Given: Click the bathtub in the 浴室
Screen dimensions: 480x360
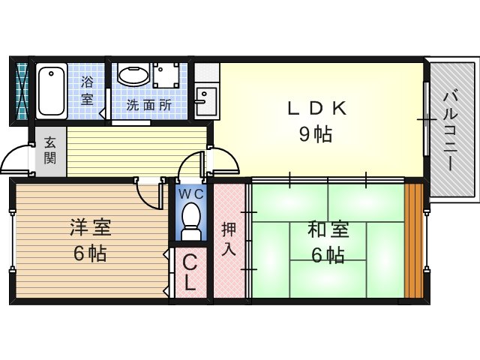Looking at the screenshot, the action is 52,91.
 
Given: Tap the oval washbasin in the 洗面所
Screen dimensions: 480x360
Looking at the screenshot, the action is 133,75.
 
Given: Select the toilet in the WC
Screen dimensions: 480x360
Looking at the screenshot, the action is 190,221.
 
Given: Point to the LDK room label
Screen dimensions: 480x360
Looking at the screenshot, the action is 317,108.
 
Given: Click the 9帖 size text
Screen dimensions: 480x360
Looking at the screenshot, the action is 316,134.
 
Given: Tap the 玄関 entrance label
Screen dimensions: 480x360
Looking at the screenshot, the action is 50,150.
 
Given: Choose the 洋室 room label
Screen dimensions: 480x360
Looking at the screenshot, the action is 91,227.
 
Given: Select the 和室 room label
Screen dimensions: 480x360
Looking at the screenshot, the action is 328,229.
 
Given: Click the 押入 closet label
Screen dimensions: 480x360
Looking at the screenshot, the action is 229,238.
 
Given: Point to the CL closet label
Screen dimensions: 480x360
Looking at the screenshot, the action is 190,273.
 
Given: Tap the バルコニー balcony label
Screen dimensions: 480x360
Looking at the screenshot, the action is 450,131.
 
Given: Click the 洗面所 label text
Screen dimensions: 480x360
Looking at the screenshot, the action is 149,105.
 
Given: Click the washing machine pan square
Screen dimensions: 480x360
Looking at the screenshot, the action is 166,75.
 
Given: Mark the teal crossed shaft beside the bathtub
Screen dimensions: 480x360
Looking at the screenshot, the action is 22,91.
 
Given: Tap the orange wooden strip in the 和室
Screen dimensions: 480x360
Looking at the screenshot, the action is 414,241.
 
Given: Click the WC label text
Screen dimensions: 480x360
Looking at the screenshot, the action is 191,194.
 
